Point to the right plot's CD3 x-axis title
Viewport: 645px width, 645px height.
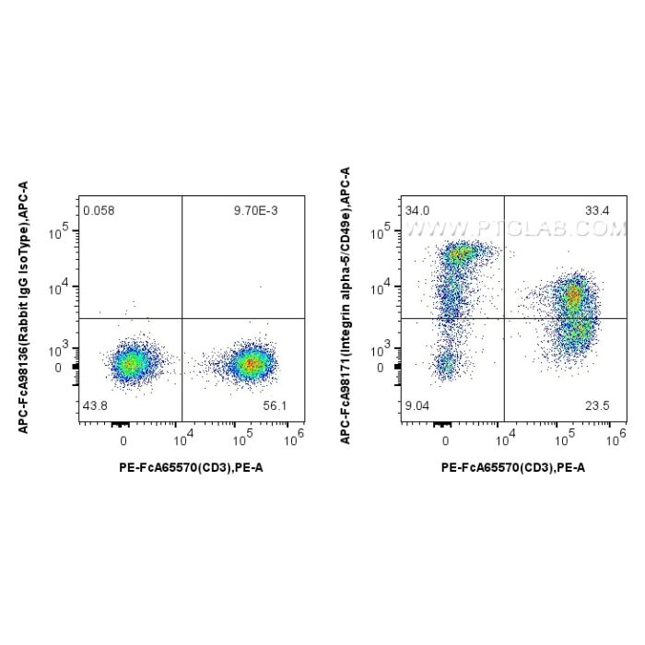pos(512,467)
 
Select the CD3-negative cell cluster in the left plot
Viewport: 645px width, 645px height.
pos(130,364)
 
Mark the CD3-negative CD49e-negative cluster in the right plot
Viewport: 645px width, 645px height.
pos(446,366)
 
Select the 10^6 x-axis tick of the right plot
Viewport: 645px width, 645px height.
pos(613,440)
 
